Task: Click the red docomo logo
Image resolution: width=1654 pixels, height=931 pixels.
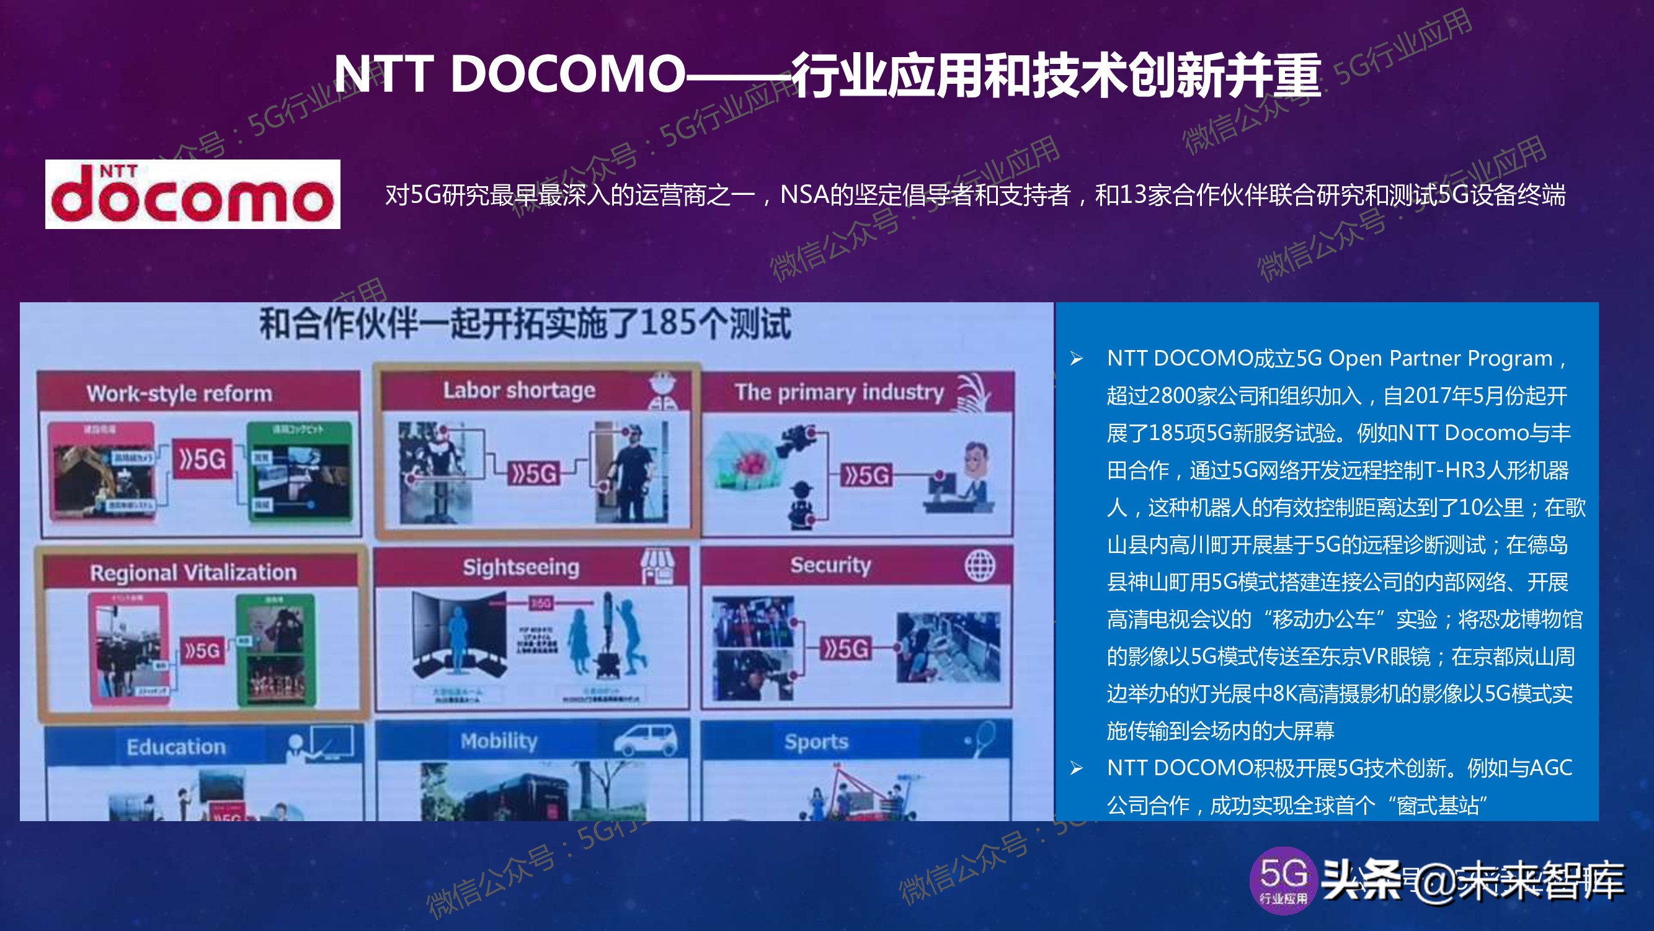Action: point(193,194)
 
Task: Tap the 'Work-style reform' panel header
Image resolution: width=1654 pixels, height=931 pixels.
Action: point(179,394)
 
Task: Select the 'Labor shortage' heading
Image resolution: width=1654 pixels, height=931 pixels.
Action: point(519,390)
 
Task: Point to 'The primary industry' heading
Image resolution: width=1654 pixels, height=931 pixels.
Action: point(839,392)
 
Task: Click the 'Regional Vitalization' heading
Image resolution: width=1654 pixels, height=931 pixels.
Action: point(193,572)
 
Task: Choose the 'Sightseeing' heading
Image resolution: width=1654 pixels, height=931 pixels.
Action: point(521,567)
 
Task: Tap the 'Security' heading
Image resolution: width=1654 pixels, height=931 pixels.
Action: point(830,565)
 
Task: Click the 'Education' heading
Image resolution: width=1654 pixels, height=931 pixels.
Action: point(176,747)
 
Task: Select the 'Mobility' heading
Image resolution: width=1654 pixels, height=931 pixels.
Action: point(499,741)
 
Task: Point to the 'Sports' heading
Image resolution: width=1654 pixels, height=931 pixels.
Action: point(816,742)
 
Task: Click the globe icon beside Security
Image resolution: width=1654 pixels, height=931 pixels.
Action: point(980,565)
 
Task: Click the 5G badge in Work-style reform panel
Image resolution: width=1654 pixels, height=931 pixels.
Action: point(202,459)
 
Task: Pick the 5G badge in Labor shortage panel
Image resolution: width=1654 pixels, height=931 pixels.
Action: point(533,474)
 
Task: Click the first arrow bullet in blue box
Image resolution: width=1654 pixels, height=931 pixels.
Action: point(1076,359)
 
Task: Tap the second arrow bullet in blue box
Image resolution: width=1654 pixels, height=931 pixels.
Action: point(1076,768)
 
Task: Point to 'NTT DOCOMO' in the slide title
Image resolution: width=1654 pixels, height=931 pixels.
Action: point(509,74)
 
